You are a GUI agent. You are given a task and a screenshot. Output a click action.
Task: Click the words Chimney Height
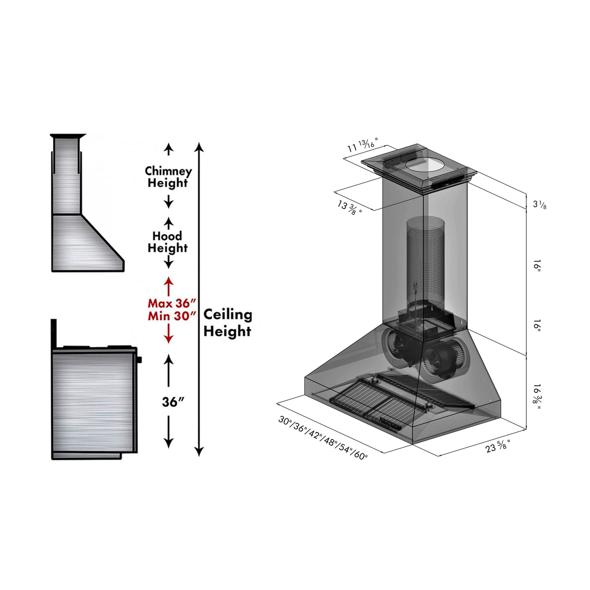click(x=168, y=177)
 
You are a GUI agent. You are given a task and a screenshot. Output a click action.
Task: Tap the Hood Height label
click(x=168, y=242)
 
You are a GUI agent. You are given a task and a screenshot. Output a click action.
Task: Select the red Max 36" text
click(x=172, y=303)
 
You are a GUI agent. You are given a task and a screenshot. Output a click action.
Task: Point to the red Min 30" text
click(x=172, y=316)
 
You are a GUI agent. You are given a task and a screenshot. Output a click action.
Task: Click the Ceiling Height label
click(x=227, y=323)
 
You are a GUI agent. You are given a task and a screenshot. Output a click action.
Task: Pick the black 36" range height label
click(x=173, y=402)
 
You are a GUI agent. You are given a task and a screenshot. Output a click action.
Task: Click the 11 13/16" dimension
click(x=362, y=145)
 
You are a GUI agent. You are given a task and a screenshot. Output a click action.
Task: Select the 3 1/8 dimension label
click(x=539, y=205)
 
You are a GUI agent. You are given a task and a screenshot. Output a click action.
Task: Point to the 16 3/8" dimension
click(x=537, y=397)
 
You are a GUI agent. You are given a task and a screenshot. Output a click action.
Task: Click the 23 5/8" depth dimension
click(x=498, y=446)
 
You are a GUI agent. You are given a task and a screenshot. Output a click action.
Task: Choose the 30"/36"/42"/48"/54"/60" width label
click(x=323, y=437)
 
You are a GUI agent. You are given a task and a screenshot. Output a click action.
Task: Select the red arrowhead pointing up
click(x=168, y=281)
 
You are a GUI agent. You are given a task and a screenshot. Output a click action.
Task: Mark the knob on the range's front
click(x=140, y=360)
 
